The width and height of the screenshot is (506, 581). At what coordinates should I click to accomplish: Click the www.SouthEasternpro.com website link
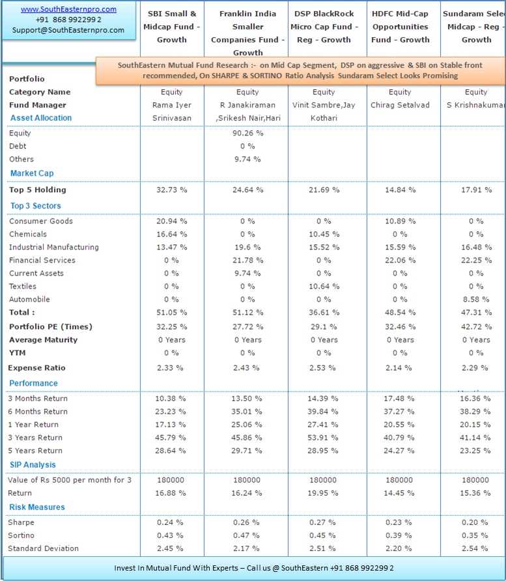point(68,9)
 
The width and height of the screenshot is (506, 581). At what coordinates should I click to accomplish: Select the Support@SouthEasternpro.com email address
point(68,30)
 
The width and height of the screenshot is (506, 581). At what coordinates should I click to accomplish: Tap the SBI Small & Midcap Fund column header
point(172,27)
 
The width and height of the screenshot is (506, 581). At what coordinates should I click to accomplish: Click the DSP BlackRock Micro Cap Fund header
point(324,27)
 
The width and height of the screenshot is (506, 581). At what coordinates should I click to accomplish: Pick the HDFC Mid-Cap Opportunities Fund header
point(401,27)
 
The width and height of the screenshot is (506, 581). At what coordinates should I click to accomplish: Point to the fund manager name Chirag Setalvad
point(400,105)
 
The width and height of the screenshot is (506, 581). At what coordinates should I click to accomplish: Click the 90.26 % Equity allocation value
point(248,133)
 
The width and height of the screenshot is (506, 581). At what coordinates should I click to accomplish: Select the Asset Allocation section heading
point(41,118)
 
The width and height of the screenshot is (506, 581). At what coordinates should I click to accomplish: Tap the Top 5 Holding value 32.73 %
point(171,190)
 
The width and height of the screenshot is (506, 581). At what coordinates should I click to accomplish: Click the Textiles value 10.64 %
point(324,286)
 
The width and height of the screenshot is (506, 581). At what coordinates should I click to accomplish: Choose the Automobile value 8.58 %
point(476,299)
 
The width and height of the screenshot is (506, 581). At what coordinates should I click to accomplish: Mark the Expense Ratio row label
point(36,368)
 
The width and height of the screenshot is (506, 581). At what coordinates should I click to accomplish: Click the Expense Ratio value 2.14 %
point(399,368)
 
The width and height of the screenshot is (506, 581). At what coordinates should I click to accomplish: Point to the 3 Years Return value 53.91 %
point(322,438)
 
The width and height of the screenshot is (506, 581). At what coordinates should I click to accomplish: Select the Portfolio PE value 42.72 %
point(476,327)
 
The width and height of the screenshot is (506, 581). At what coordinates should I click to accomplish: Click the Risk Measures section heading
point(37,507)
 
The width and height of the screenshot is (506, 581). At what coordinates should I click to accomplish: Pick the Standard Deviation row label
point(44,548)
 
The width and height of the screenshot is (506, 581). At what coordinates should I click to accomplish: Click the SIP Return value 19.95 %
point(322,493)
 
